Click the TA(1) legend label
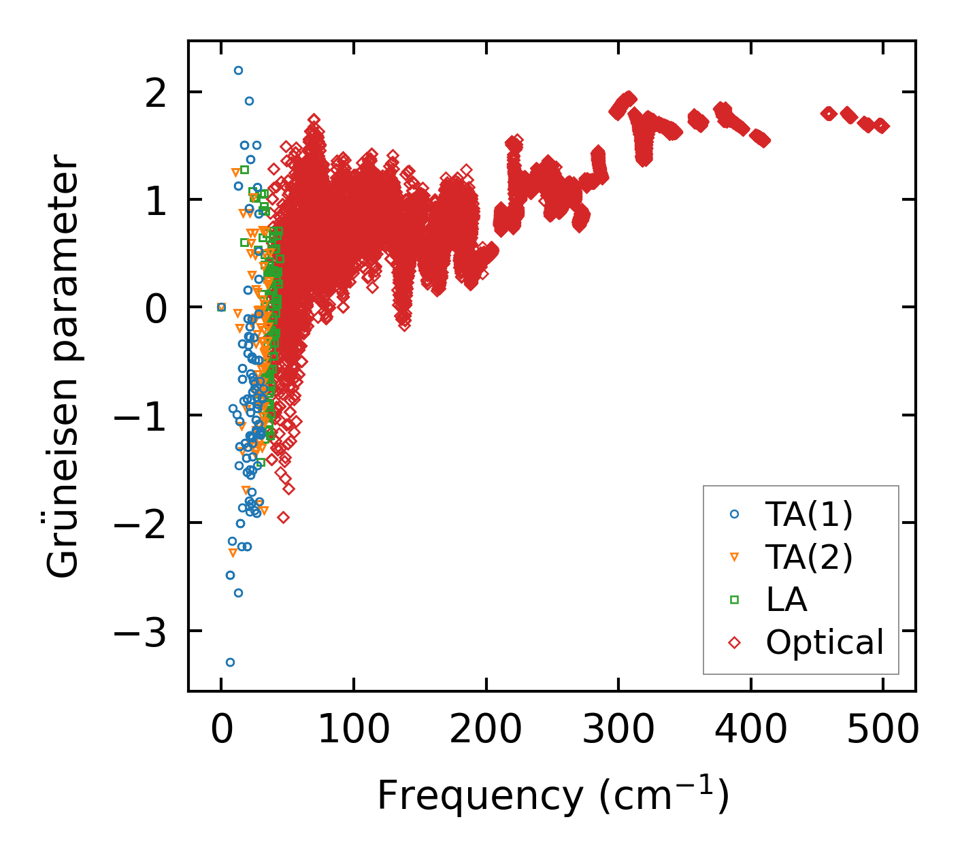(x=808, y=515)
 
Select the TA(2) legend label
(x=808, y=557)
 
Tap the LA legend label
(x=786, y=600)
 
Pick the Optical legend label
(x=825, y=642)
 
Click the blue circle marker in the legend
(x=734, y=515)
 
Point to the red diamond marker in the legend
(x=734, y=642)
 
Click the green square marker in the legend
(x=734, y=599)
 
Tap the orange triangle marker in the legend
(x=734, y=557)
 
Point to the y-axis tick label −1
(x=139, y=416)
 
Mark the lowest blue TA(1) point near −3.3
(x=230, y=662)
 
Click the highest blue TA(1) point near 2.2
(x=238, y=70)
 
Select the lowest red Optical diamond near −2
(x=283, y=517)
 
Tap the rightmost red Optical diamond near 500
(x=882, y=126)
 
